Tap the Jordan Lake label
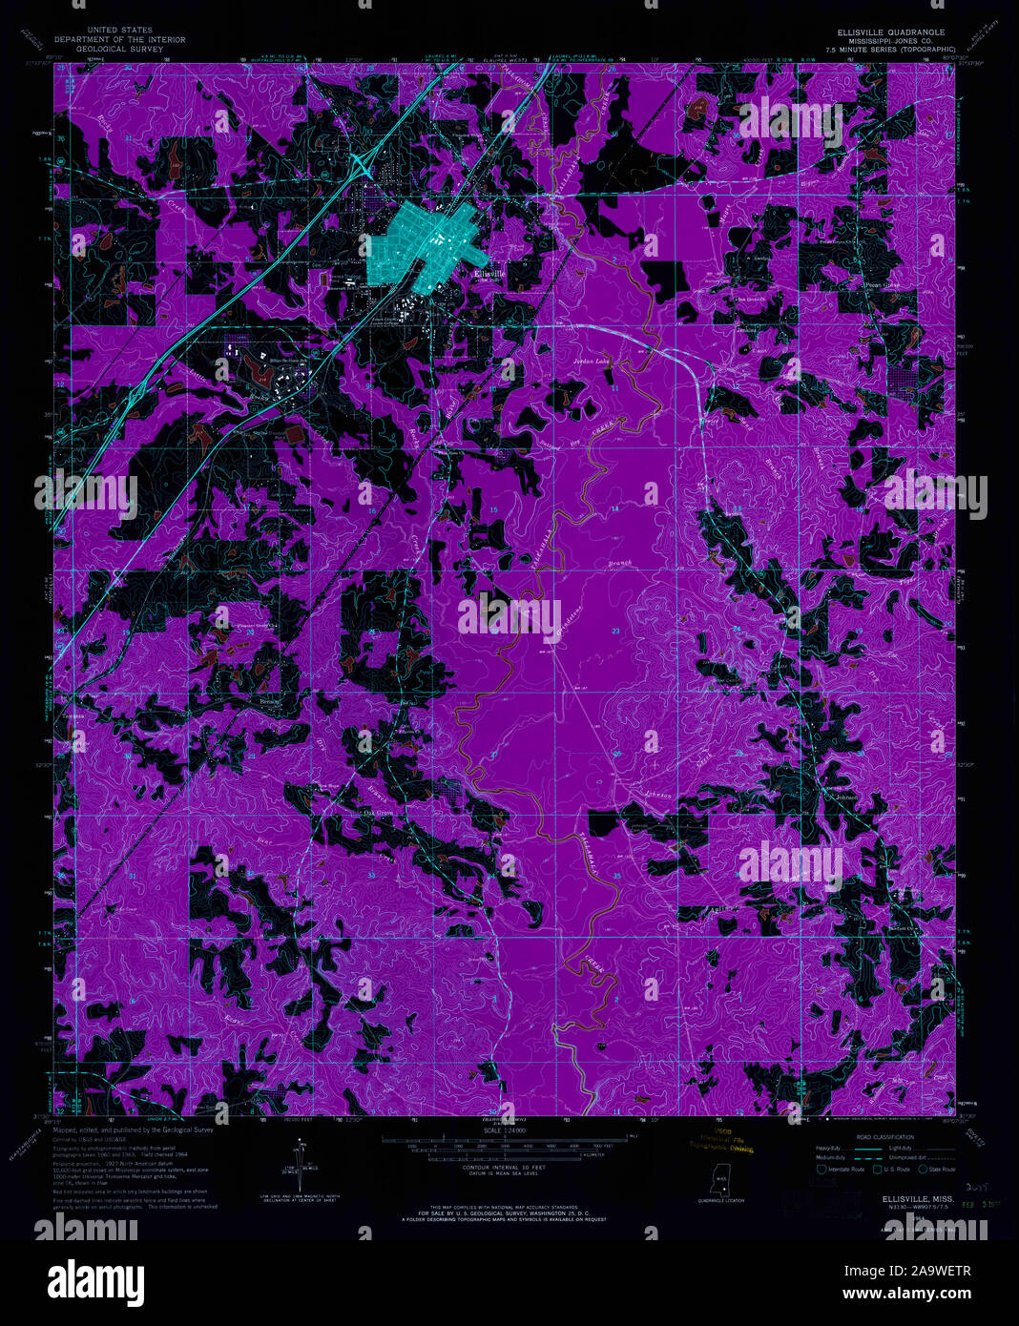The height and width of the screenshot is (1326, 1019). coord(590,363)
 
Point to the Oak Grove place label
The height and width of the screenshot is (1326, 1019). coord(378,813)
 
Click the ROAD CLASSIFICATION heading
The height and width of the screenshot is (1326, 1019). coord(864,1138)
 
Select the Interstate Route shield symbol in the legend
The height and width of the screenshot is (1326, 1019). coord(821,1169)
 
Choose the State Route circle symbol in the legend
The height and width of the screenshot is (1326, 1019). coord(923,1169)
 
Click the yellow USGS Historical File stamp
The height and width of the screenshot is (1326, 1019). coord(723,1141)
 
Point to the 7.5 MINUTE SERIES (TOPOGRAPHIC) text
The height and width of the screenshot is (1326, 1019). coord(890,49)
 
